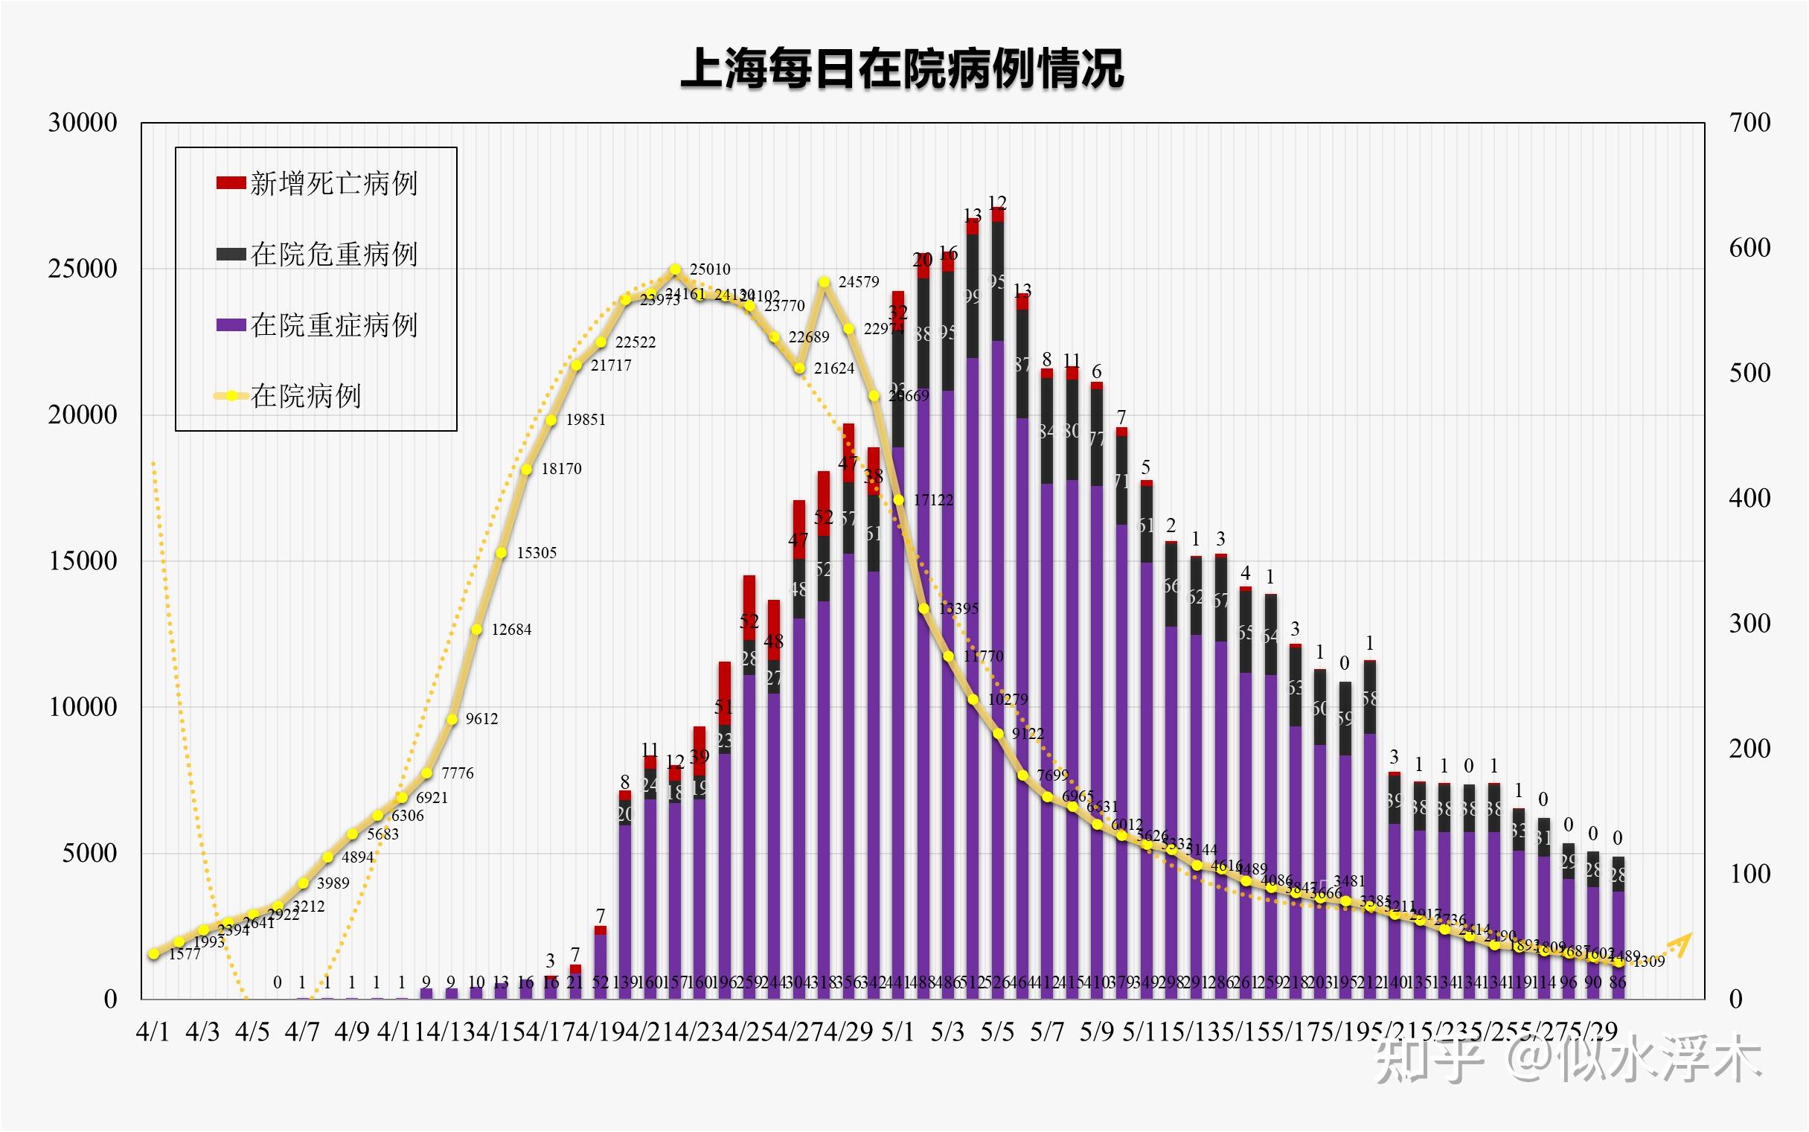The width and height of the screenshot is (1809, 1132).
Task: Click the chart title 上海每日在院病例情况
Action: tap(903, 70)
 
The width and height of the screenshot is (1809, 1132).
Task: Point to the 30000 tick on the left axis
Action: tap(83, 123)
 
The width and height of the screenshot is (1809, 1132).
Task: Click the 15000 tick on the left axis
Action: tap(83, 560)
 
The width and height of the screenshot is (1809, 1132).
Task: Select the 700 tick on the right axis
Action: tap(1749, 123)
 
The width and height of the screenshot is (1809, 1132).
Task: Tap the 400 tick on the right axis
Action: tap(1749, 498)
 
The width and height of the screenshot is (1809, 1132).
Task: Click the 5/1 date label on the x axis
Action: tap(897, 1032)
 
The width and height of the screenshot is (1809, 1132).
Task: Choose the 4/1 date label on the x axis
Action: tap(153, 1032)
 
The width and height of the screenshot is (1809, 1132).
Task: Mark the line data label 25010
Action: tap(709, 269)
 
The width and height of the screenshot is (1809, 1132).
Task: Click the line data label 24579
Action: tap(859, 282)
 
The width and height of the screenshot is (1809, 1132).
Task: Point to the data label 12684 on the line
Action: tap(511, 630)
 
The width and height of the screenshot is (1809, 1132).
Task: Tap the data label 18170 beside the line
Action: tap(561, 469)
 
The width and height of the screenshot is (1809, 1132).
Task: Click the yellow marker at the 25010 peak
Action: tap(675, 269)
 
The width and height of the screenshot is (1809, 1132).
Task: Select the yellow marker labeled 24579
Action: tap(824, 282)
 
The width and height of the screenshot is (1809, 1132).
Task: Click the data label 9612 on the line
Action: tap(481, 720)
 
